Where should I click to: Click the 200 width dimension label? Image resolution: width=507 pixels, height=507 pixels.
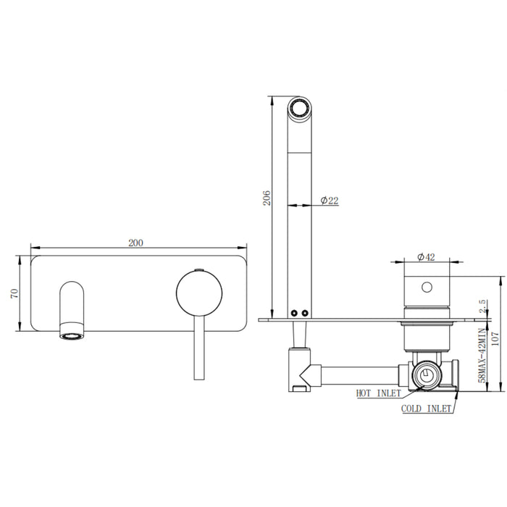point(135,243)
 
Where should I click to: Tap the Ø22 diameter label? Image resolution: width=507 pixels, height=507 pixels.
point(328,201)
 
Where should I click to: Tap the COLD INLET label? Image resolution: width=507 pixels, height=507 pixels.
point(427,408)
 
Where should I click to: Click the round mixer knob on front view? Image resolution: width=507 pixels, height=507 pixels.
point(199,293)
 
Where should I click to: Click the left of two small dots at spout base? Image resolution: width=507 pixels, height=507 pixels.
point(295,312)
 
